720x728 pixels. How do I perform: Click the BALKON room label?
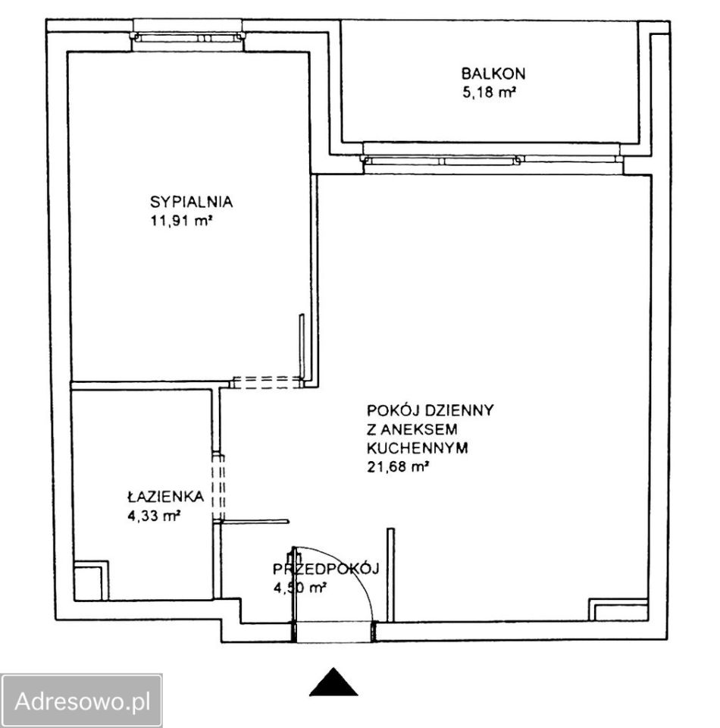tap(493, 74)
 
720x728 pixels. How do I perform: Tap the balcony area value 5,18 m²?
tap(489, 93)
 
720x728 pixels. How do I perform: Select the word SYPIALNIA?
tap(191, 202)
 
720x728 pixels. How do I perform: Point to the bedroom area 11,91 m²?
tap(181, 221)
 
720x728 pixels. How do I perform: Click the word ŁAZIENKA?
tap(166, 496)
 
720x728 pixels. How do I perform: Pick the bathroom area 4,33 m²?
tap(154, 516)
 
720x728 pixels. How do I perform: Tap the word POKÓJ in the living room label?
tap(393, 409)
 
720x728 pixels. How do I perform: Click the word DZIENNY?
tap(459, 410)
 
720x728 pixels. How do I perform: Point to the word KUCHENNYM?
tap(417, 447)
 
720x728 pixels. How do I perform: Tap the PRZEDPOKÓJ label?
tap(326, 568)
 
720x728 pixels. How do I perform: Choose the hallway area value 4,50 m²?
tap(300, 588)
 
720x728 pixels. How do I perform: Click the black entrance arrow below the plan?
tap(333, 682)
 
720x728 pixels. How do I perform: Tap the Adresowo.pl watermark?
tap(82, 701)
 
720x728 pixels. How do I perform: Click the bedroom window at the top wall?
tap(187, 37)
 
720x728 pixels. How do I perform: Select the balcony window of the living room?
tap(492, 161)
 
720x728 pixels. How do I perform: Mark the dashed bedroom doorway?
tap(268, 382)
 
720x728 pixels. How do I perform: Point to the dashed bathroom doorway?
tap(218, 488)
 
